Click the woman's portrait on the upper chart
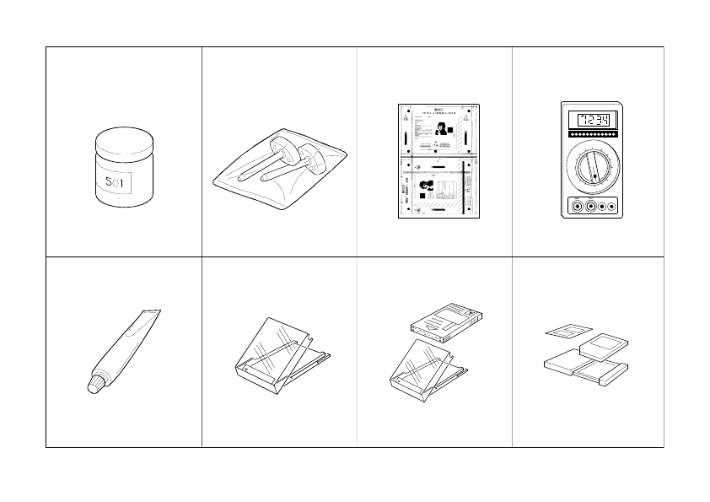point(440,129)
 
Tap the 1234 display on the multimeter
point(591,119)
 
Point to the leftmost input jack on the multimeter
point(575,205)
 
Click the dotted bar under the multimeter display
point(591,134)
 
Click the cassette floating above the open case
point(444,321)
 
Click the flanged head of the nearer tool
point(315,157)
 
